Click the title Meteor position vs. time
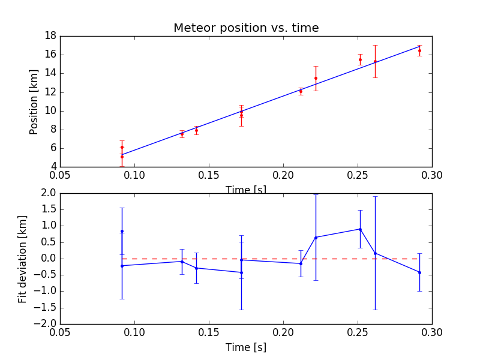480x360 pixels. (x=246, y=28)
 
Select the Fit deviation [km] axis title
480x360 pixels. (x=23, y=259)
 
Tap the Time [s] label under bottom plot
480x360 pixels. (x=246, y=347)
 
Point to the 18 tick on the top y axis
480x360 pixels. (x=50, y=36)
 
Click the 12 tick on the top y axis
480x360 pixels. (x=50, y=92)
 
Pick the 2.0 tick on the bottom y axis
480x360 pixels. (x=48, y=193)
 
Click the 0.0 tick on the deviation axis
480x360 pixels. (x=48, y=259)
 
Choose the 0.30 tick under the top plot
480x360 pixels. (x=432, y=175)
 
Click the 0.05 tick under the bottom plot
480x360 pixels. (x=60, y=332)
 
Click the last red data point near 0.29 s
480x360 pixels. (x=419, y=50)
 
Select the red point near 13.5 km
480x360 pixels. (x=316, y=78)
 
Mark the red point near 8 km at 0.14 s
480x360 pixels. (x=196, y=130)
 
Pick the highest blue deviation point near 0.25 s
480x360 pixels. (x=360, y=229)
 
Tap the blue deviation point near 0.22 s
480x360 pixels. (x=316, y=237)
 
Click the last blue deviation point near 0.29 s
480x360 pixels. (x=419, y=272)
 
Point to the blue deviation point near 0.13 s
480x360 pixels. (x=182, y=262)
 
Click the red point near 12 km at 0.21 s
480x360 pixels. (x=301, y=91)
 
